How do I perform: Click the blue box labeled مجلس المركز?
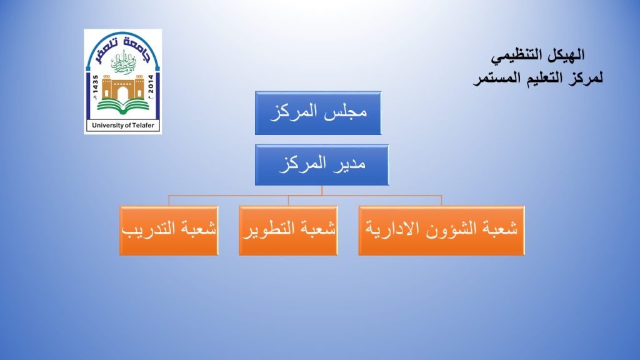coord(318,113)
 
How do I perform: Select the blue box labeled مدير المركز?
coord(322,165)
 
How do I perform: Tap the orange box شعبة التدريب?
coord(169,231)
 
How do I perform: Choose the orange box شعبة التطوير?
coord(288,231)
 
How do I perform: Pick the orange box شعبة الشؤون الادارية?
coord(441,231)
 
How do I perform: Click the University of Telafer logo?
coord(123,82)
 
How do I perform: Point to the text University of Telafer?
coord(123,125)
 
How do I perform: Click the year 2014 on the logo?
coord(151,84)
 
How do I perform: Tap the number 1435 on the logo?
coord(96,84)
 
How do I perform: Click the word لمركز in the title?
coord(585,77)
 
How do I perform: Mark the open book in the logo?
coord(123,107)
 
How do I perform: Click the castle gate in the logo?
coord(123,87)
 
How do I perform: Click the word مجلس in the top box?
coord(346,111)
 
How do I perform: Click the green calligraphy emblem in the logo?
coord(123,62)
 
